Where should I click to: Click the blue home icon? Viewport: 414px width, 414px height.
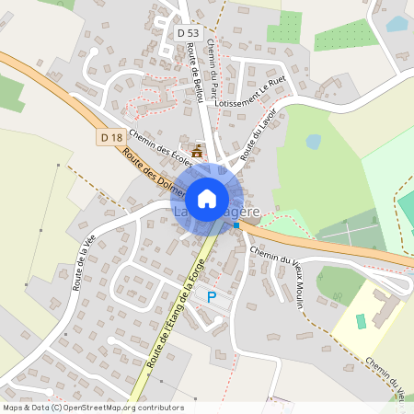pyautogui.click(x=207, y=198)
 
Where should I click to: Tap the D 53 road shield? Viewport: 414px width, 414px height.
pyautogui.click(x=188, y=32)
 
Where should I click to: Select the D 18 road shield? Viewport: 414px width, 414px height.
pyautogui.click(x=111, y=138)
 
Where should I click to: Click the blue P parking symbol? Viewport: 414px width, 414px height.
pyautogui.click(x=212, y=297)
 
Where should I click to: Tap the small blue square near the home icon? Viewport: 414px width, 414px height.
pyautogui.click(x=236, y=224)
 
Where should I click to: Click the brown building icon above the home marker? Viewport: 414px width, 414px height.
pyautogui.click(x=196, y=150)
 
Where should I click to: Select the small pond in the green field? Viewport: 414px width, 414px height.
pyautogui.click(x=314, y=142)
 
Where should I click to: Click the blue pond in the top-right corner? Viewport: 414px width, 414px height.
pyautogui.click(x=397, y=24)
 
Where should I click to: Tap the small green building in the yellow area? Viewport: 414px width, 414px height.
pyautogui.click(x=362, y=321)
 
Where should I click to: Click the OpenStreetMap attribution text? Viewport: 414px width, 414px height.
pyautogui.click(x=93, y=408)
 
